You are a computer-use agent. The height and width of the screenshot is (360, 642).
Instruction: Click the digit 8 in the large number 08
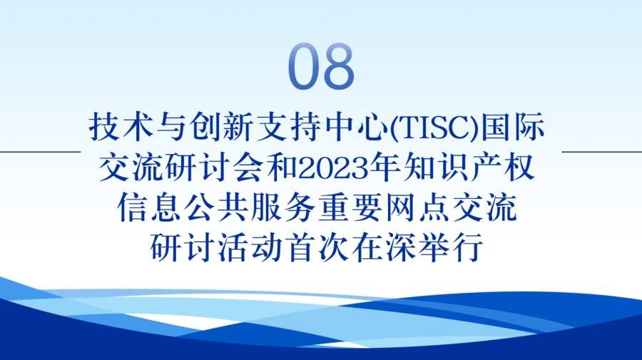(x=338, y=66)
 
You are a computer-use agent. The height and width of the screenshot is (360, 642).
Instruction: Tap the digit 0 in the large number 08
(x=304, y=66)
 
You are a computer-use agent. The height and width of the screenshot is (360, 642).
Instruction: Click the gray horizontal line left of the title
(x=40, y=152)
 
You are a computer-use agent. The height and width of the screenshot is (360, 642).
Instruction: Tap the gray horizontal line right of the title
(x=602, y=152)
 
